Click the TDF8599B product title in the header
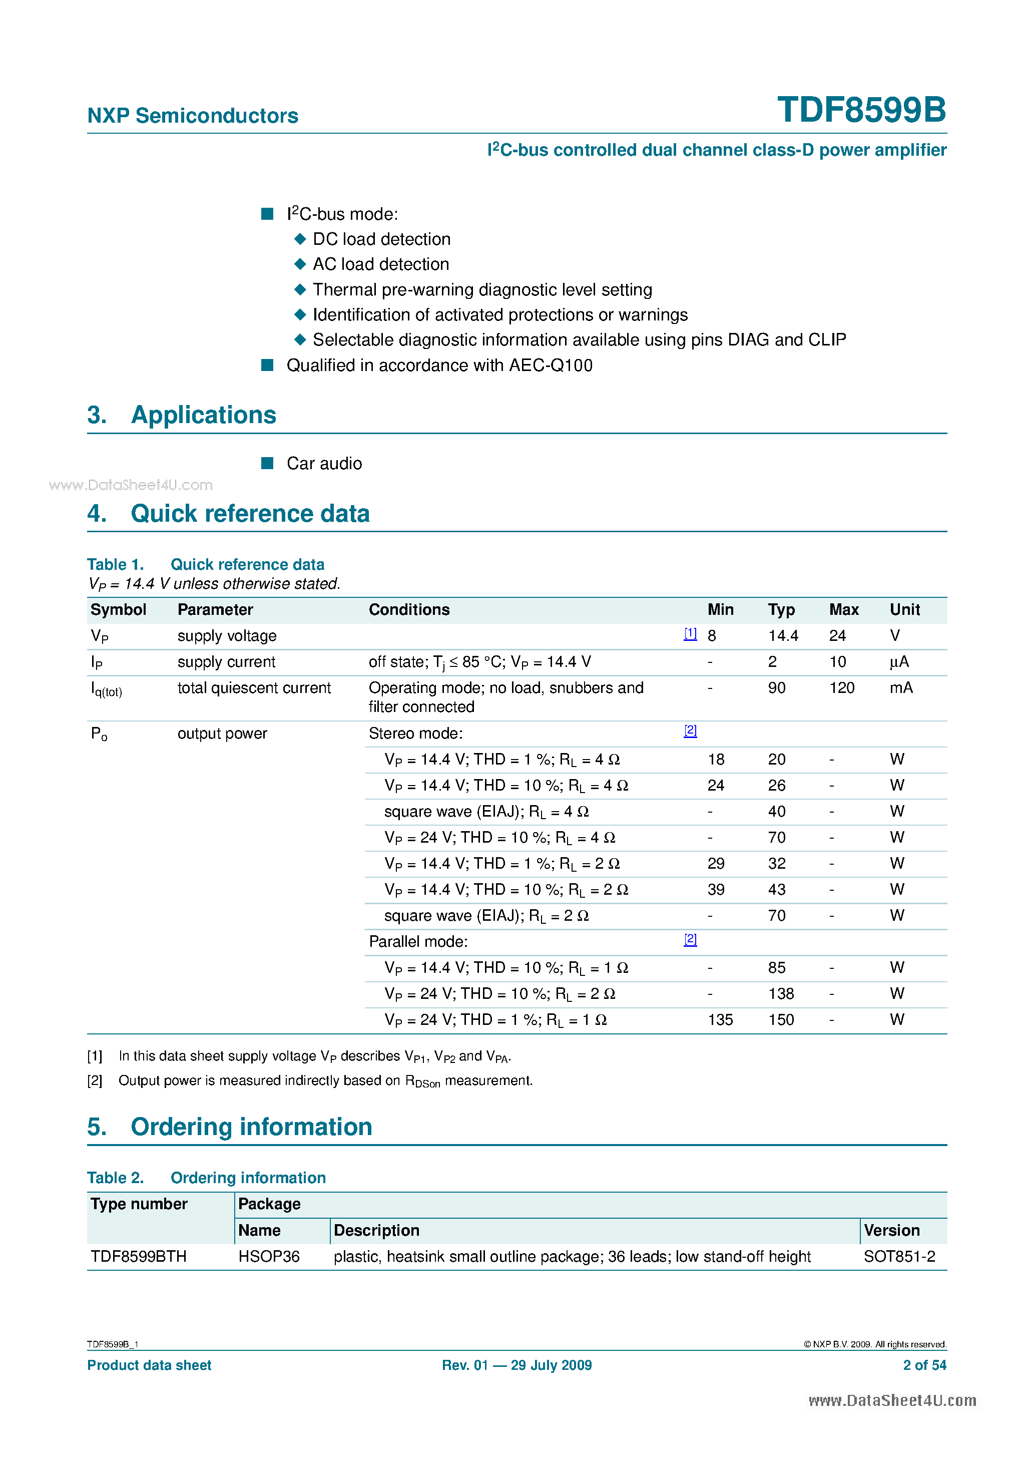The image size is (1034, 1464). [x=861, y=110]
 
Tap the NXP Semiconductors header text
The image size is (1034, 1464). [x=193, y=116]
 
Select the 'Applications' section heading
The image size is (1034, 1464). [x=203, y=415]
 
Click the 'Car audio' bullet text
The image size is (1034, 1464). [x=324, y=464]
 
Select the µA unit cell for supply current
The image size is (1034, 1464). [x=899, y=662]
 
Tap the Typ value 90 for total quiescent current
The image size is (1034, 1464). [x=776, y=688]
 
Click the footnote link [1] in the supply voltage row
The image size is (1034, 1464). [x=690, y=634]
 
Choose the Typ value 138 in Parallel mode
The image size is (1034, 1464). [x=781, y=994]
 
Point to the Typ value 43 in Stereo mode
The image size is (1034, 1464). [x=776, y=890]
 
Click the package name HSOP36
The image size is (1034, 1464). [x=268, y=1257]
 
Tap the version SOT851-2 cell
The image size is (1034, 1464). [x=899, y=1257]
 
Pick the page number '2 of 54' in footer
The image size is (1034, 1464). [x=924, y=1365]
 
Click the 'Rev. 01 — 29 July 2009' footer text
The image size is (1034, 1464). [x=516, y=1365]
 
